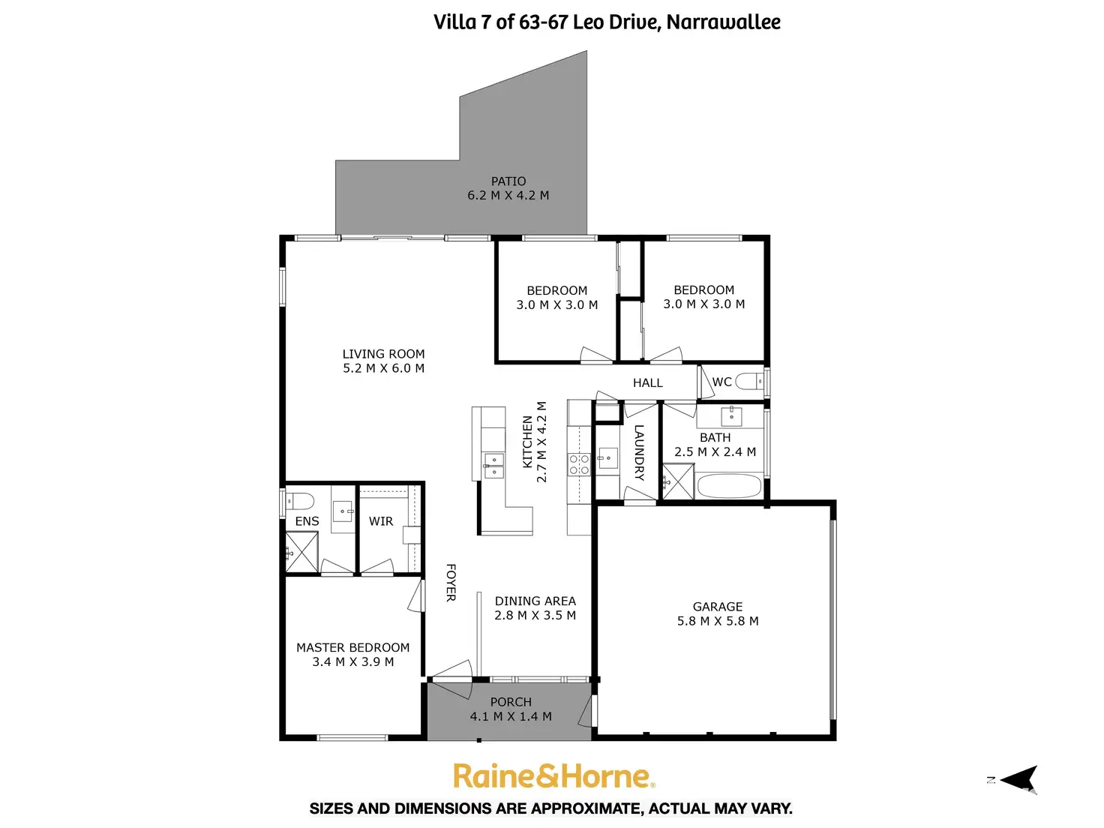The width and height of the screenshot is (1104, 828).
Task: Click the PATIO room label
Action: click(508, 181)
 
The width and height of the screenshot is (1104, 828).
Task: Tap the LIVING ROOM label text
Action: click(383, 354)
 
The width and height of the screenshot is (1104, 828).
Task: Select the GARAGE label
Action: click(718, 607)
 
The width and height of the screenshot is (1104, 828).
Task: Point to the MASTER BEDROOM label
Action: click(352, 647)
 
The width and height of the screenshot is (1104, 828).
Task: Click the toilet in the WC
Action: click(748, 382)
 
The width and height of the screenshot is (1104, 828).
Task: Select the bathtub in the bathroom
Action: click(729, 486)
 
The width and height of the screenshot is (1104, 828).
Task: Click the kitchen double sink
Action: click(493, 465)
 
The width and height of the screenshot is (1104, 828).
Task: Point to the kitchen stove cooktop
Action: click(579, 464)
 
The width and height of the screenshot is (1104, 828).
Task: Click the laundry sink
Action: click(607, 457)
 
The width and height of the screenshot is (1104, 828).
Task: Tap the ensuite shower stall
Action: click(301, 552)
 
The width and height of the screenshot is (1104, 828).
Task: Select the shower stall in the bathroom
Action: click(678, 481)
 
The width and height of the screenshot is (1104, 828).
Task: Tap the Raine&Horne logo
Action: click(553, 776)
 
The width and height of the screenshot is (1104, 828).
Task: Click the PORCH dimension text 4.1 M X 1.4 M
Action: click(511, 717)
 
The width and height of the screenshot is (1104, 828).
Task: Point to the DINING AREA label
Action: click(535, 601)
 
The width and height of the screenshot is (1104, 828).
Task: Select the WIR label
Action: click(381, 521)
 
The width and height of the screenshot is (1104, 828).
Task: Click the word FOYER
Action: click(451, 583)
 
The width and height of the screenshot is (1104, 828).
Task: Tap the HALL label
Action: click(648, 383)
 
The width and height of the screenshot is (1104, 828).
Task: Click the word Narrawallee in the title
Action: click(723, 22)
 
